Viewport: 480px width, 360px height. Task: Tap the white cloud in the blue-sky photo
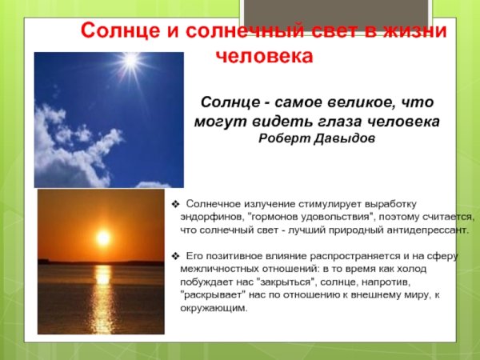pyautogui.click(x=72, y=148)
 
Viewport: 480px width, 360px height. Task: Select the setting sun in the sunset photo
pyautogui.click(x=102, y=238)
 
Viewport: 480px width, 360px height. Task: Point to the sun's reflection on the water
pyautogui.click(x=102, y=296)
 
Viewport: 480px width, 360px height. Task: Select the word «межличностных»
pyautogui.click(x=219, y=269)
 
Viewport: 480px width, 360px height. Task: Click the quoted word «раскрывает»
pyautogui.click(x=211, y=294)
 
